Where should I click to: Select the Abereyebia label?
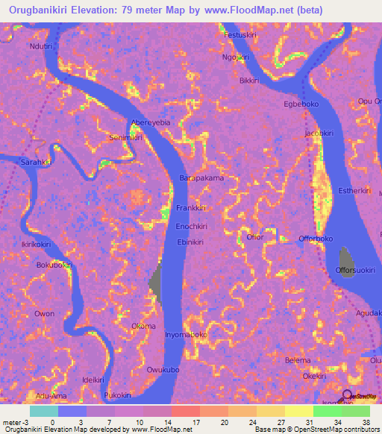(x=151, y=122)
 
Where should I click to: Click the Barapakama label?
(x=202, y=179)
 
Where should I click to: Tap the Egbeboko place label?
(x=301, y=104)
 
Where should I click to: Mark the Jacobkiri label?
(x=317, y=133)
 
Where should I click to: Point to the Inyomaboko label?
(x=186, y=335)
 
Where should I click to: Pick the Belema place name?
(x=298, y=360)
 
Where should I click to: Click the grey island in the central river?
(x=156, y=284)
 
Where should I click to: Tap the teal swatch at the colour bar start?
(x=43, y=411)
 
